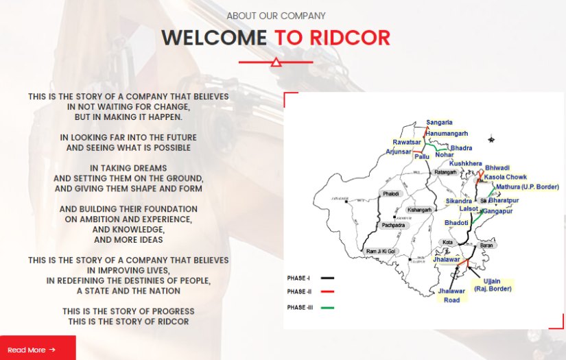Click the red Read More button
pyautogui.click(x=32, y=350)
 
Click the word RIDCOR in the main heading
pyautogui.click(x=333, y=38)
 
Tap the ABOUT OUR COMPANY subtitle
pyautogui.click(x=276, y=16)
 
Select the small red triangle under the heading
pyautogui.click(x=276, y=63)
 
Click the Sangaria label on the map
pyautogui.click(x=439, y=122)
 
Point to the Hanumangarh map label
pyautogui.click(x=447, y=132)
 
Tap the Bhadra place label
pyautogui.click(x=461, y=148)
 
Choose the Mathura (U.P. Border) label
pyautogui.click(x=527, y=187)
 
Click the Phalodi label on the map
pyautogui.click(x=390, y=193)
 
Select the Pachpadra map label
pyautogui.click(x=394, y=225)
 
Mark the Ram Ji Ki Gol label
pyautogui.click(x=382, y=251)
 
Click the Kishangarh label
pyautogui.click(x=419, y=209)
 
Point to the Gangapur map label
pyautogui.click(x=497, y=212)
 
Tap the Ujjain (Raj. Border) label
pyautogui.click(x=491, y=285)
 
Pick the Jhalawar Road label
pyautogui.click(x=451, y=296)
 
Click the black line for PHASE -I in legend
pyautogui.click(x=327, y=278)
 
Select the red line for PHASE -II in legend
pyautogui.click(x=327, y=292)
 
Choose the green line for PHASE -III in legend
pyautogui.click(x=327, y=307)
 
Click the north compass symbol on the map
pyautogui.click(x=491, y=140)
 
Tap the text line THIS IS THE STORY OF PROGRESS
pyautogui.click(x=128, y=311)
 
